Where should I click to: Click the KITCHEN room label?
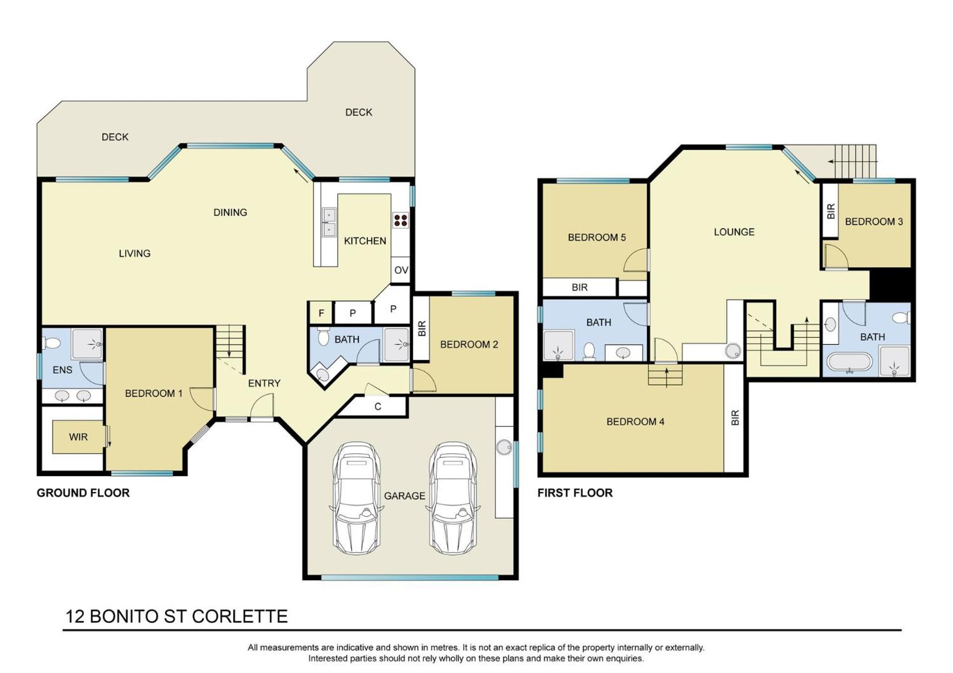pyautogui.click(x=365, y=241)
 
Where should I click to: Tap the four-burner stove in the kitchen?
pyautogui.click(x=401, y=220)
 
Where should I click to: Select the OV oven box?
pyautogui.click(x=401, y=270)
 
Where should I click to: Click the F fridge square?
pyautogui.click(x=321, y=313)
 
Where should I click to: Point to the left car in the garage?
pyautogui.click(x=357, y=498)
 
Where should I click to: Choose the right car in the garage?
pyautogui.click(x=453, y=498)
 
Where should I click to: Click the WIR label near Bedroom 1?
pyautogui.click(x=78, y=437)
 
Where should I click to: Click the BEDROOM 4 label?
pyautogui.click(x=635, y=422)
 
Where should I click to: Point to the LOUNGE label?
pyautogui.click(x=734, y=232)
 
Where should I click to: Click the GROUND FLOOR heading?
pyautogui.click(x=83, y=493)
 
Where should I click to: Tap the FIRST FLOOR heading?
pyautogui.click(x=575, y=493)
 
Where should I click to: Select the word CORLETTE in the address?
pyautogui.click(x=240, y=616)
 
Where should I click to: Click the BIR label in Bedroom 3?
pyautogui.click(x=831, y=211)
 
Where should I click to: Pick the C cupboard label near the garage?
pyautogui.click(x=378, y=407)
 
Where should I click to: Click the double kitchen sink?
pyautogui.click(x=329, y=222)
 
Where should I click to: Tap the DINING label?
pyautogui.click(x=230, y=212)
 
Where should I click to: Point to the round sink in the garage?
pyautogui.click(x=505, y=447)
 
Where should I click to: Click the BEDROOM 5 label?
pyautogui.click(x=597, y=238)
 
